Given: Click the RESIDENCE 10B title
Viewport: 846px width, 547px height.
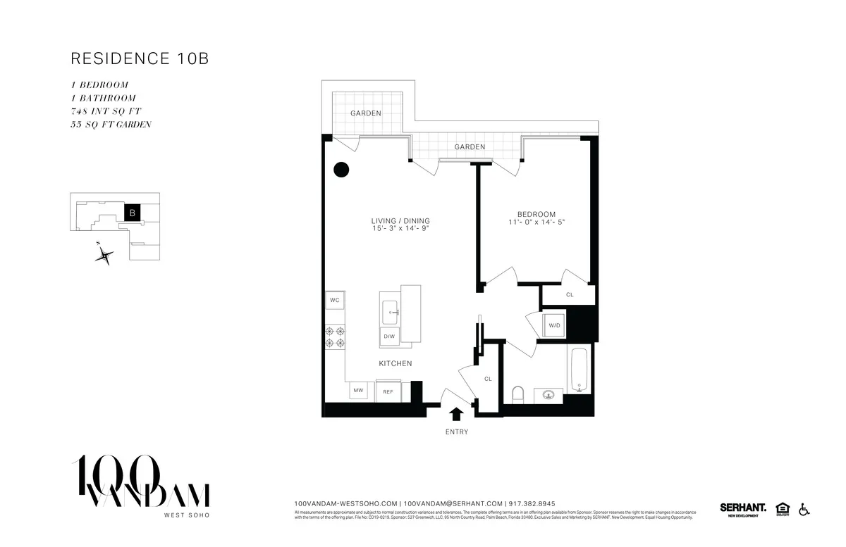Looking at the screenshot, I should pyautogui.click(x=140, y=58).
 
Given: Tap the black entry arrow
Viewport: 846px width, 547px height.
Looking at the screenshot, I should pyautogui.click(x=457, y=415).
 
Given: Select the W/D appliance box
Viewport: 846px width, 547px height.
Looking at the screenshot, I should pyautogui.click(x=554, y=325).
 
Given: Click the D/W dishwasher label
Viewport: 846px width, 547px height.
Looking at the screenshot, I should pyautogui.click(x=389, y=337).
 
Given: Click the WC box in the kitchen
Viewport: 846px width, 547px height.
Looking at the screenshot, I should pyautogui.click(x=335, y=301).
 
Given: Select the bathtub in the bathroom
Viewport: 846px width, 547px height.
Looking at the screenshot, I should pyautogui.click(x=578, y=370).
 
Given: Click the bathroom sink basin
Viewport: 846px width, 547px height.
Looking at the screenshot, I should pyautogui.click(x=548, y=395).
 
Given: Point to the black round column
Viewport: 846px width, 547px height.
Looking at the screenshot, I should pyautogui.click(x=341, y=169).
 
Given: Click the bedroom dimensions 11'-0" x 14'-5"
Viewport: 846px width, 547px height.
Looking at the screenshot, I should pyautogui.click(x=537, y=222).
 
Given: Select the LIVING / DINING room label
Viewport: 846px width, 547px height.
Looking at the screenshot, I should pyautogui.click(x=400, y=221).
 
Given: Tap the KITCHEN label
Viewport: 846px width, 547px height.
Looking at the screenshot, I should pyautogui.click(x=395, y=363).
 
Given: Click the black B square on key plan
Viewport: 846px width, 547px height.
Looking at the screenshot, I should pyautogui.click(x=132, y=212).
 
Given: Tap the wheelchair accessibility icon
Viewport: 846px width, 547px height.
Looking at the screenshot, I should pyautogui.click(x=803, y=509).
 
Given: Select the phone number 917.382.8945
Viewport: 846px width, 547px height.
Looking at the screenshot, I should pyautogui.click(x=532, y=503).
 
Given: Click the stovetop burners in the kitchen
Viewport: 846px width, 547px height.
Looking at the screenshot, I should pyautogui.click(x=335, y=337).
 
